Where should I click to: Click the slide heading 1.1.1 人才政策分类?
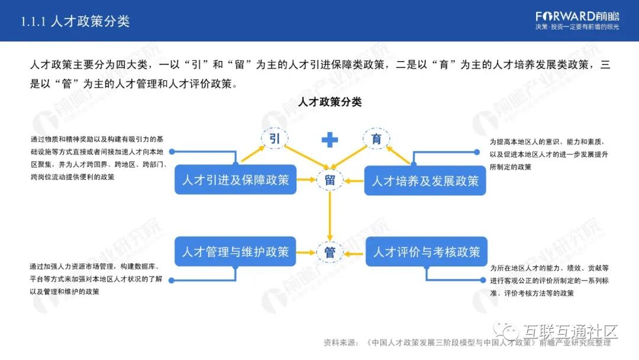75,21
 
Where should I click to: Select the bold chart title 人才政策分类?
330,102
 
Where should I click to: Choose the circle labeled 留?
330,179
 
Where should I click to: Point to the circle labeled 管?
330,252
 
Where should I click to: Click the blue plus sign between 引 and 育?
330,140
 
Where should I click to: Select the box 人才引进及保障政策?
235,179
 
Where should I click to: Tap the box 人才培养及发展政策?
425,181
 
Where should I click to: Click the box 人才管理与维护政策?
235,252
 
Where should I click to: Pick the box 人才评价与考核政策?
426,252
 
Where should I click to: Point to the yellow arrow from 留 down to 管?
330,216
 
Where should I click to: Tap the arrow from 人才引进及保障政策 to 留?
305,179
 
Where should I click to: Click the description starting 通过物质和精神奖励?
98,158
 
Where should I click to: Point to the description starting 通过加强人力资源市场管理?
98,279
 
